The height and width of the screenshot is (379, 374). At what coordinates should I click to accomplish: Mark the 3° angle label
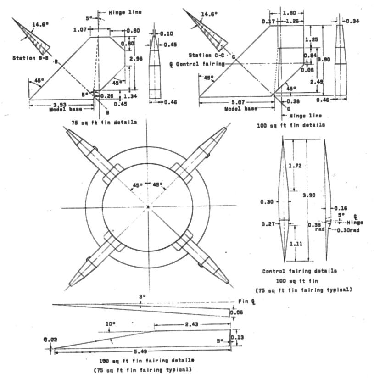pos(142,297)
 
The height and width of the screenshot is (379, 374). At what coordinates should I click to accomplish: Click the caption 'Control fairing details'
pos(300,271)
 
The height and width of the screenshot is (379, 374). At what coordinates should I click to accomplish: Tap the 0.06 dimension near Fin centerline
pos(237,312)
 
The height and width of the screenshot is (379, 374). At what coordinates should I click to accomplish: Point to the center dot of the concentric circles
pos(148,207)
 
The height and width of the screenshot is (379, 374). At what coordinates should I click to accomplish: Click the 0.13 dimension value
pos(239,337)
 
